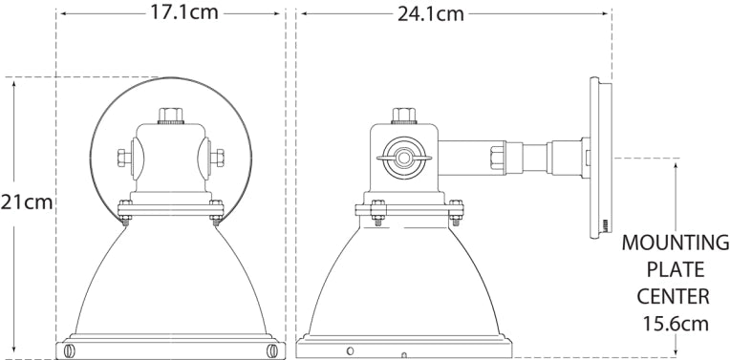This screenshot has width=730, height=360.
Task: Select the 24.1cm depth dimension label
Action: coord(430,14)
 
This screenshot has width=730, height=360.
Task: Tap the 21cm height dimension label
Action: coord(26,203)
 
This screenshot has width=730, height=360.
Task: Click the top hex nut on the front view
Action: coord(172,116)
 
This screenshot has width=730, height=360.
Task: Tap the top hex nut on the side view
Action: coord(404,116)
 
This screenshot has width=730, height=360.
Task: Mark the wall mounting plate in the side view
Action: coord(600,158)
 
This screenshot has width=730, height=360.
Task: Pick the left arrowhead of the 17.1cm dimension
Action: coord(60,14)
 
